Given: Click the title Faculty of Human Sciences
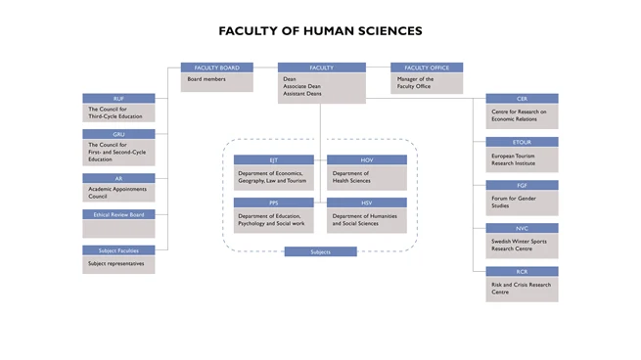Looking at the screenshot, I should (320, 31).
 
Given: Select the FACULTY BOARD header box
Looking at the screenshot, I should (217, 67).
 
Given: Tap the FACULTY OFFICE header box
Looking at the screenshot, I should (427, 67).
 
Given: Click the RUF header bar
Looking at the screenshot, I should (118, 98).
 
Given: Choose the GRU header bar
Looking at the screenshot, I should (118, 134).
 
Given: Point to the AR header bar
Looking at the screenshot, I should (118, 178).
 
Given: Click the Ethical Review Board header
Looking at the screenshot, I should (118, 214).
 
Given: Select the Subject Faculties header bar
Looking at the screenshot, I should (118, 250).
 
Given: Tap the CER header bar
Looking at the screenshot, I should (522, 99).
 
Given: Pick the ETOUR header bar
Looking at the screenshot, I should (522, 142).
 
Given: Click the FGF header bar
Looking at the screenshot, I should (522, 185).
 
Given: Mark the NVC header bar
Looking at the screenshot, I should (522, 228).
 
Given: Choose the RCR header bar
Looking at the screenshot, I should (522, 271).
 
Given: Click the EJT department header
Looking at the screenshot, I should (273, 159).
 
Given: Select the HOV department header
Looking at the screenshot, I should (367, 159).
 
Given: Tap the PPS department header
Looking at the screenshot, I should (273, 202).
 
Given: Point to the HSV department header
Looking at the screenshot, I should (367, 202).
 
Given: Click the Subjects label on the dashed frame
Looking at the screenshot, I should (320, 251).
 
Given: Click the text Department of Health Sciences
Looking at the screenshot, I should (351, 177).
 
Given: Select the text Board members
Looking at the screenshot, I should (207, 78).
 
